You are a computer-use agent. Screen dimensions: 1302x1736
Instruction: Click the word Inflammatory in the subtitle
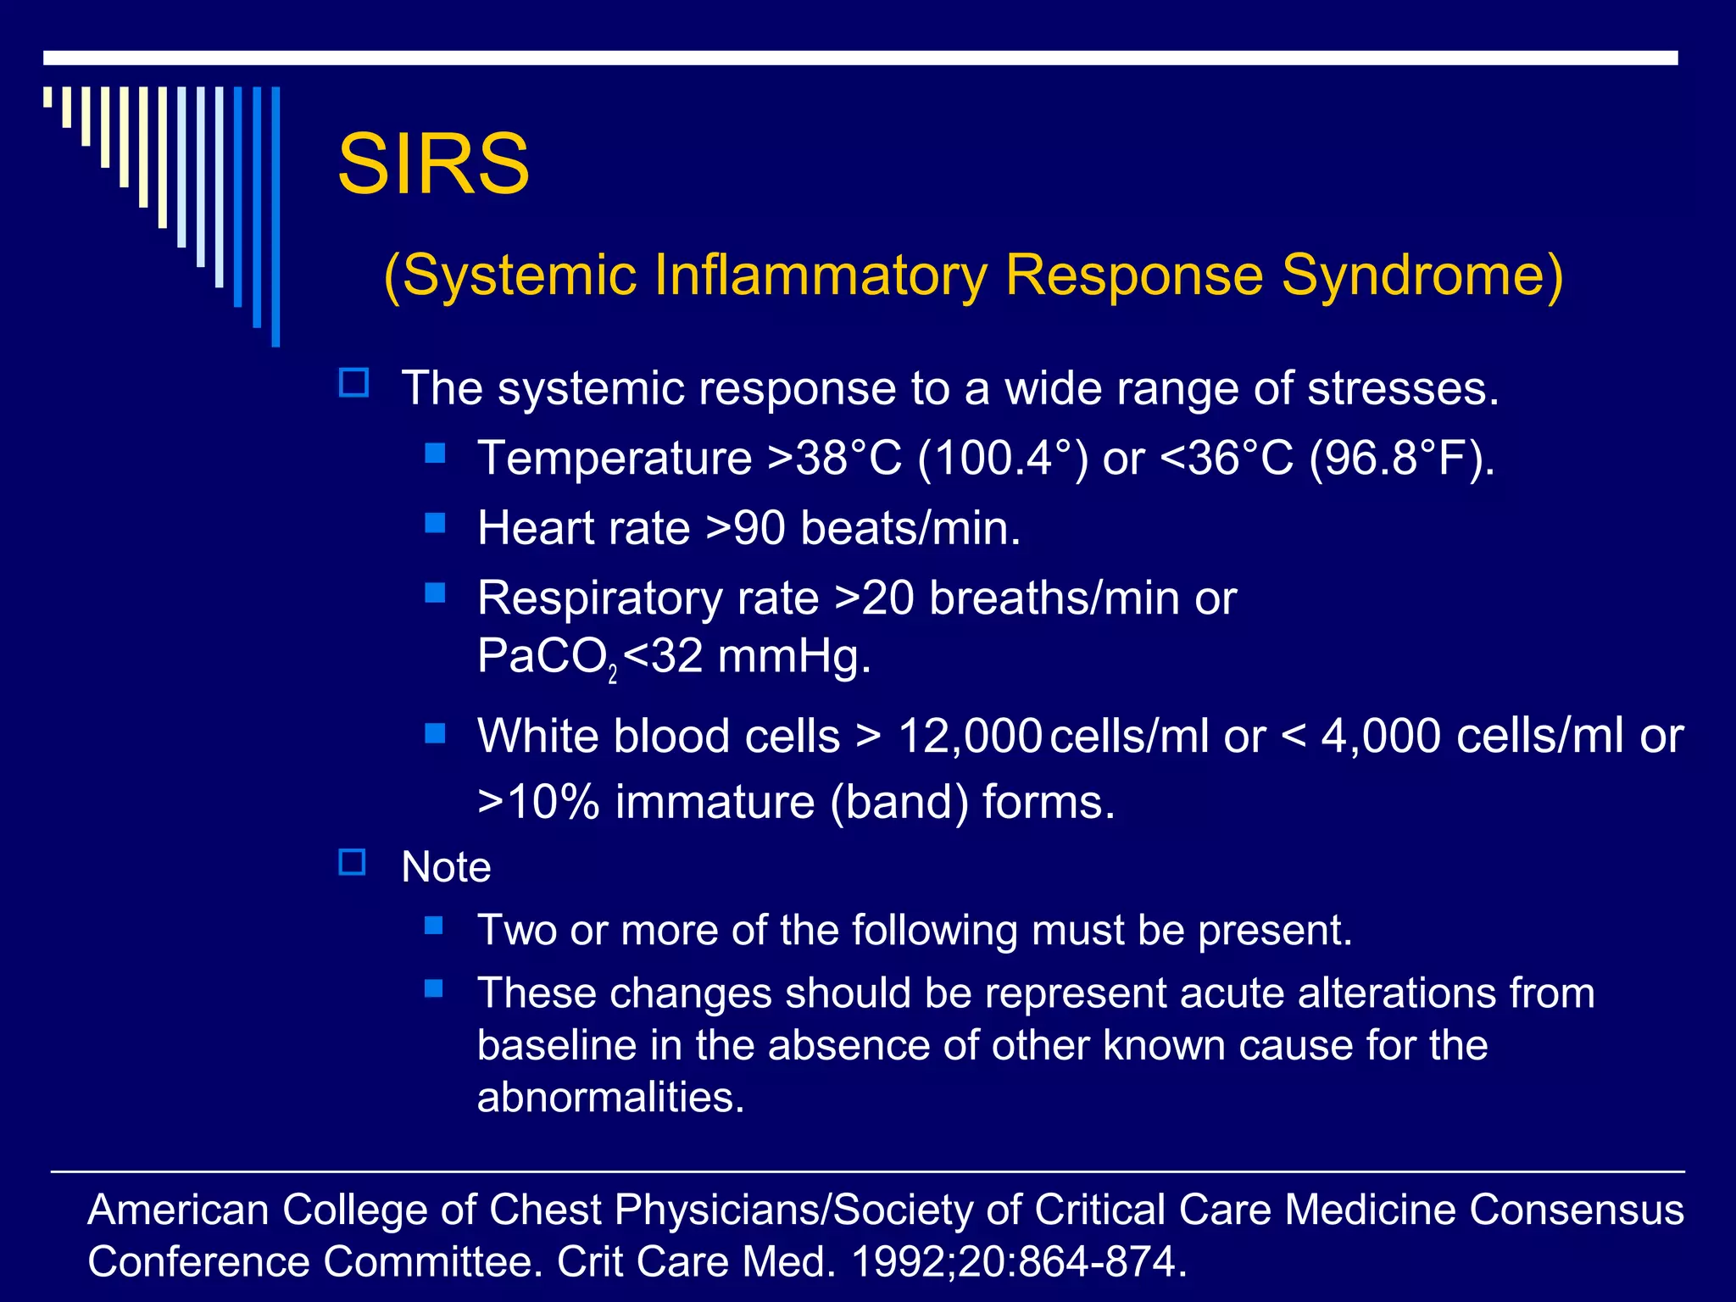pyautogui.click(x=821, y=275)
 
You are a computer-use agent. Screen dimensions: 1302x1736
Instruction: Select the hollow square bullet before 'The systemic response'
pyautogui.click(x=353, y=383)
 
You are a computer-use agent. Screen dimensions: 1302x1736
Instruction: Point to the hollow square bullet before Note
pyautogui.click(x=353, y=863)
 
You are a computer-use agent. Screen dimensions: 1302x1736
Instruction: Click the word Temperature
pyautogui.click(x=615, y=459)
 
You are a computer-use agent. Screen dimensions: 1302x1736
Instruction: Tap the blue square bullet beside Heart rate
pyautogui.click(x=435, y=523)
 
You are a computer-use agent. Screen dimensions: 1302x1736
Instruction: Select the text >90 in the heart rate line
pyautogui.click(x=747, y=528)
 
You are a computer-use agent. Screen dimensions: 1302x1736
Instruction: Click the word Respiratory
pyautogui.click(x=599, y=598)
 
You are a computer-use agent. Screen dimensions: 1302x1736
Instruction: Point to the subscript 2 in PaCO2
pyautogui.click(x=613, y=676)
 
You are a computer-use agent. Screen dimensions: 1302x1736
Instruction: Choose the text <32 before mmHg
pyautogui.click(x=663, y=656)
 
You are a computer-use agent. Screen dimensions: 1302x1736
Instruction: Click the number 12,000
pyautogui.click(x=970, y=736)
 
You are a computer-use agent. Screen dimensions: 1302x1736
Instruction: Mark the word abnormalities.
pyautogui.click(x=610, y=1097)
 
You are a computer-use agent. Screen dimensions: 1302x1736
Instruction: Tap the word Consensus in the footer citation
pyautogui.click(x=1576, y=1210)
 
